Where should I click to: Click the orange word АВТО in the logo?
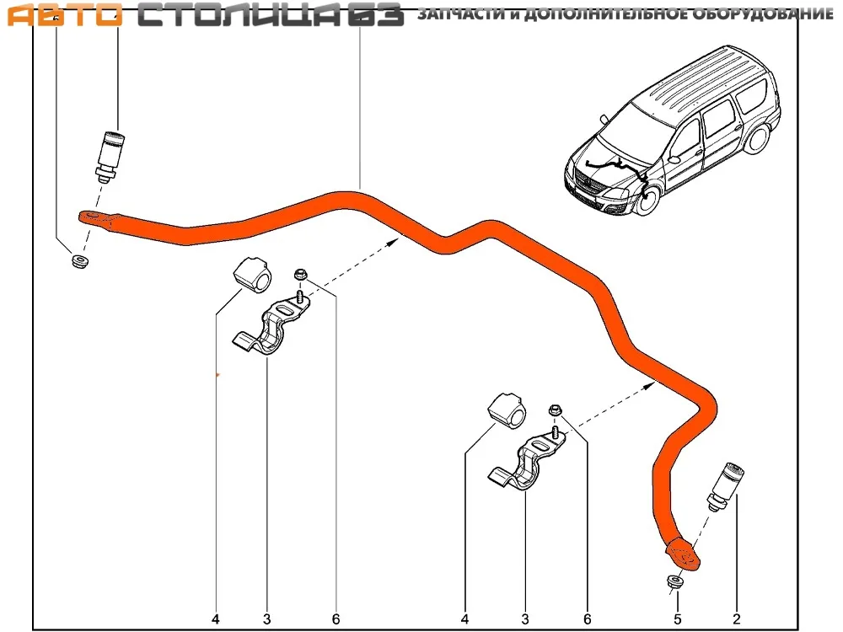[x=64, y=14]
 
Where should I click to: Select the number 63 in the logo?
[x=375, y=14]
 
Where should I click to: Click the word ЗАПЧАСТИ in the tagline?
[x=462, y=13]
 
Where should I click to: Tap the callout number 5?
[x=678, y=619]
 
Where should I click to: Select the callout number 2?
[x=737, y=619]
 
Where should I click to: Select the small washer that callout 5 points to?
[x=674, y=582]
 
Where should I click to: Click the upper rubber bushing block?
[x=252, y=275]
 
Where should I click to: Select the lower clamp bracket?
[x=527, y=462]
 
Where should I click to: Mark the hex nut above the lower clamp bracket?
[x=556, y=411]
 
